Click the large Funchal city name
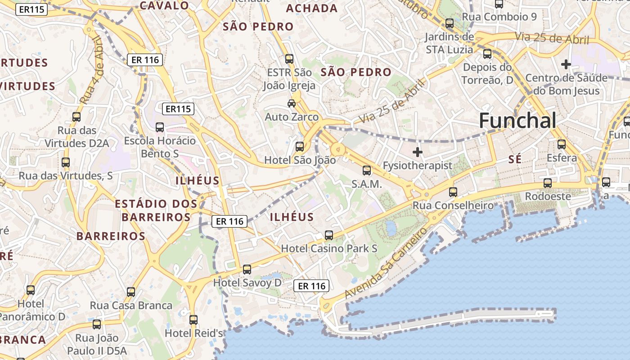point(517,121)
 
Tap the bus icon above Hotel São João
point(299,147)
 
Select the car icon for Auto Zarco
point(292,103)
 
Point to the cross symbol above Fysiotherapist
point(418,152)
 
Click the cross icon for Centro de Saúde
point(566,65)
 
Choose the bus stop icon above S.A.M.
point(367,171)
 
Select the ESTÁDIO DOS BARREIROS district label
point(156,211)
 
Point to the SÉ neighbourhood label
point(515,159)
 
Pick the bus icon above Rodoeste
point(548,183)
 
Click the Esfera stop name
point(562,158)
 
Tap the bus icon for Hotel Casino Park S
point(329,235)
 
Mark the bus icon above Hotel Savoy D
point(247,270)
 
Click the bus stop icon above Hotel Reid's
point(193,320)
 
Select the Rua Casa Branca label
point(131,306)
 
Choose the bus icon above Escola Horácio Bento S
point(160,127)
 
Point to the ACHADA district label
point(312,8)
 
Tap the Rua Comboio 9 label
point(499,17)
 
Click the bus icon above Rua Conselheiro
point(453,192)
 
